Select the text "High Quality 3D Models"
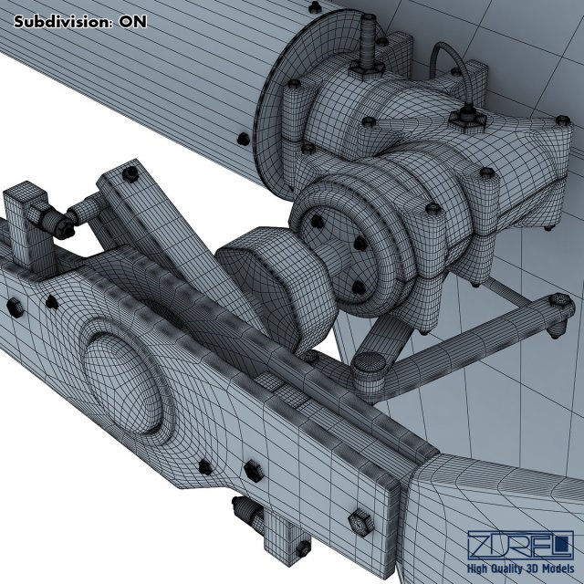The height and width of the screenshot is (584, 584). tap(519, 569)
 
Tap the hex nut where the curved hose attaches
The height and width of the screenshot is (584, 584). tap(472, 113)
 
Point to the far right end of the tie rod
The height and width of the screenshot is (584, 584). tap(559, 307)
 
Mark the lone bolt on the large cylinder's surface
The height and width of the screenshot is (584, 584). tap(242, 139)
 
